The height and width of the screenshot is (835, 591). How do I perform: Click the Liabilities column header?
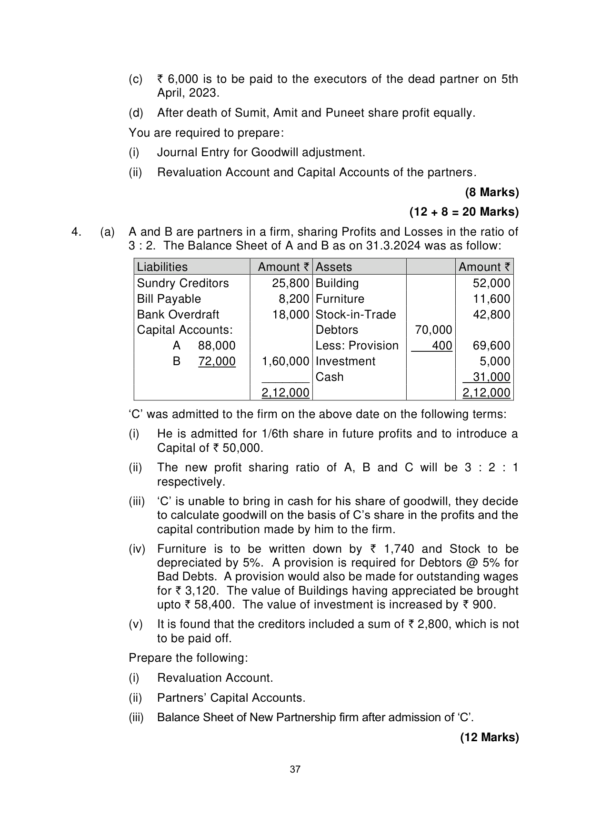[162, 267]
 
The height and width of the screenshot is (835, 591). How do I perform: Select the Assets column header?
[333, 267]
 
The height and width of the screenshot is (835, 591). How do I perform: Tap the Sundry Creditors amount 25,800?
[290, 283]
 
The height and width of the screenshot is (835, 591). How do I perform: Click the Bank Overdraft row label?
[178, 315]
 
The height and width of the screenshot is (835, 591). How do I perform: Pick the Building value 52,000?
[491, 283]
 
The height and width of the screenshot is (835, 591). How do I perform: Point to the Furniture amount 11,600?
[491, 299]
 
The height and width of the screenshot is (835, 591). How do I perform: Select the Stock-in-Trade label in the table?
[356, 315]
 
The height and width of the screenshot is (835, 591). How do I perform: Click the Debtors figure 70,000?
[433, 330]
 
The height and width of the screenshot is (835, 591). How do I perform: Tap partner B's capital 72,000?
[217, 361]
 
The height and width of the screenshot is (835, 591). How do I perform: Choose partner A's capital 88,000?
[217, 346]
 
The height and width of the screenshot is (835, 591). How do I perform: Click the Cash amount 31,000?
[491, 377]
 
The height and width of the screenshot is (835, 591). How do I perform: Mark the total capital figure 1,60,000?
[285, 361]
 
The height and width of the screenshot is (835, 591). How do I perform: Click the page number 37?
[295, 769]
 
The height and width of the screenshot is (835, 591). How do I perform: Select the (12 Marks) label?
[489, 737]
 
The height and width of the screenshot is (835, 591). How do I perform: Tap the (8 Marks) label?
[492, 192]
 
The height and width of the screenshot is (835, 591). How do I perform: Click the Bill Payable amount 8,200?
[294, 299]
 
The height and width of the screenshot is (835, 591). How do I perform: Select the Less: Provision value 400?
[442, 346]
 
